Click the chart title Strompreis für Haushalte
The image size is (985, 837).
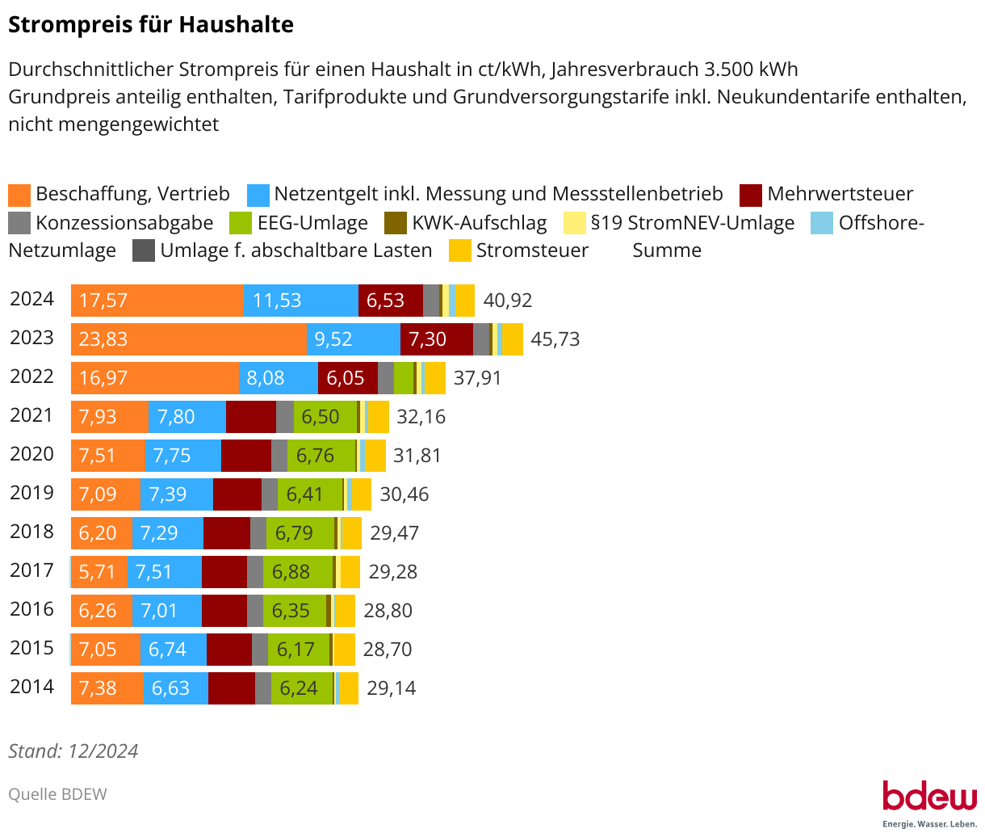[x=151, y=25]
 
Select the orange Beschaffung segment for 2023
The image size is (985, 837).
[x=188, y=339]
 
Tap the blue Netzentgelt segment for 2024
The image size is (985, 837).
[x=300, y=301]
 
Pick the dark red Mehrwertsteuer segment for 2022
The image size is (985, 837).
[x=347, y=378]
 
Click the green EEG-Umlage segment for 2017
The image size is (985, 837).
[x=296, y=572]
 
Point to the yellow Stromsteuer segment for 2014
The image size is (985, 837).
[x=348, y=688]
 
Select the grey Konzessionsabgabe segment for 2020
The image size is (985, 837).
[x=279, y=456]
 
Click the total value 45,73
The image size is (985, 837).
[x=555, y=339]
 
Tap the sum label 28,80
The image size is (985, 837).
[x=388, y=611]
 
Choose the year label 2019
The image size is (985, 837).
[x=31, y=493]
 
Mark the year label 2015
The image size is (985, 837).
[x=31, y=648]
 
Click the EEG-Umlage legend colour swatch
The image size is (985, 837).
[x=241, y=223]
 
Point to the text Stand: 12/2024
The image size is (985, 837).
[x=73, y=751]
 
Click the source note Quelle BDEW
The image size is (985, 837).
[x=57, y=794]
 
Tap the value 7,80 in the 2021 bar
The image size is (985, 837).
[x=176, y=417]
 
